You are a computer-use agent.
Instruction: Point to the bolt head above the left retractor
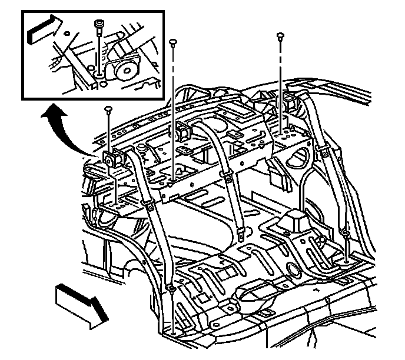click(108, 109)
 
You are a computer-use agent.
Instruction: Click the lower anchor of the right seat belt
click(346, 236)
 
